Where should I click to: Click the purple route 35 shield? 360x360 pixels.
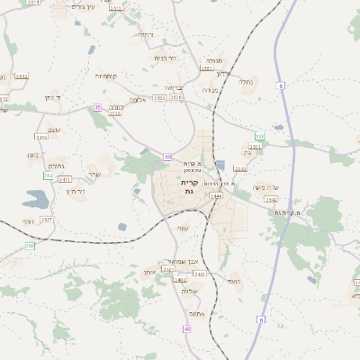(x=97, y=107)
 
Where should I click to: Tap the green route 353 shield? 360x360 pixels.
(x=48, y=175)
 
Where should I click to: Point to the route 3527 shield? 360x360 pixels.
(x=47, y=219)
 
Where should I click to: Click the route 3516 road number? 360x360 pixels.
(x=255, y=146)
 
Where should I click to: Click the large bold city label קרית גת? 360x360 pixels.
(x=187, y=186)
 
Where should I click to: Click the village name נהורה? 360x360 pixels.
(x=55, y=166)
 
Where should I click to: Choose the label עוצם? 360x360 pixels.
(x=55, y=130)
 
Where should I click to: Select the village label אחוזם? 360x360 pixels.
(x=199, y=313)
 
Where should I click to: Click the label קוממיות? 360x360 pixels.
(x=108, y=76)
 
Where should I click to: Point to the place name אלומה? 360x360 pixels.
(x=137, y=100)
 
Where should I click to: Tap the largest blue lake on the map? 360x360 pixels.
(x=38, y=198)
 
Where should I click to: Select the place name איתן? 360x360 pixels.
(x=150, y=272)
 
